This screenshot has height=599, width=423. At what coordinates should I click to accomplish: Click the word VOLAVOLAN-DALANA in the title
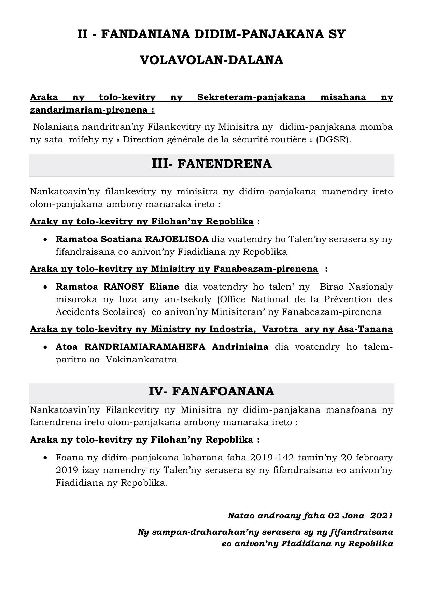point(212,60)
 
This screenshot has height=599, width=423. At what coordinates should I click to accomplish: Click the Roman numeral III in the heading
point(160,164)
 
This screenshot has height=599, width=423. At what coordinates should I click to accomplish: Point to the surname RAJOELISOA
point(177,239)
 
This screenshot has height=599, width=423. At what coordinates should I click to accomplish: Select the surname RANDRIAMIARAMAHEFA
point(145,347)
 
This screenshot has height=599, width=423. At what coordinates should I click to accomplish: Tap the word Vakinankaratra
point(141,360)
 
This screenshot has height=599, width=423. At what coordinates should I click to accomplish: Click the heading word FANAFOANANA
point(223,391)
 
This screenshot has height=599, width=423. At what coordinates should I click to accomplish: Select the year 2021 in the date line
point(381,515)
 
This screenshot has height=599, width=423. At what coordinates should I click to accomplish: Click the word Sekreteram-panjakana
point(251,97)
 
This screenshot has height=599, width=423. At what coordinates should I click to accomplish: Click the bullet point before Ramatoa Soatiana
point(46,240)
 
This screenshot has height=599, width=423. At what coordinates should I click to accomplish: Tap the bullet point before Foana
point(46,458)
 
